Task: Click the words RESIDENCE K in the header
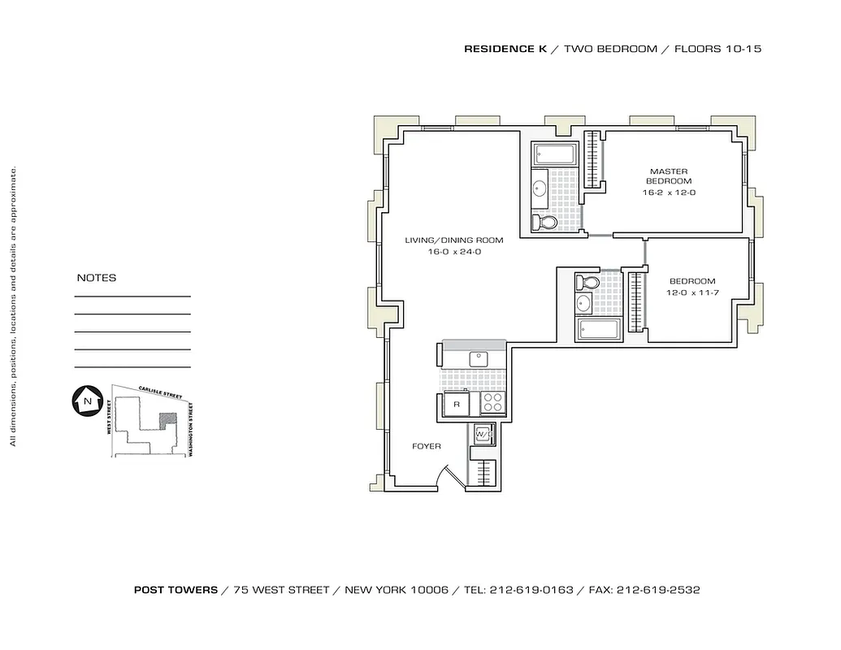point(505,49)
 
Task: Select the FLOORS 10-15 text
point(717,49)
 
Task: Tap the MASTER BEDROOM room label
point(669,176)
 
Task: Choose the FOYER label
point(426,446)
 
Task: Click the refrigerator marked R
point(457,404)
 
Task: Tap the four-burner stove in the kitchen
point(492,404)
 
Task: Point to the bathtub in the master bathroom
point(555,154)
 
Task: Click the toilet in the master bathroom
point(544,222)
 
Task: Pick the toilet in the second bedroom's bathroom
point(587,284)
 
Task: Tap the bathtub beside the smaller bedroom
point(599,329)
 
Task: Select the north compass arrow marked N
point(85,401)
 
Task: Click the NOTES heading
point(97,278)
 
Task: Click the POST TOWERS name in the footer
point(176,590)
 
